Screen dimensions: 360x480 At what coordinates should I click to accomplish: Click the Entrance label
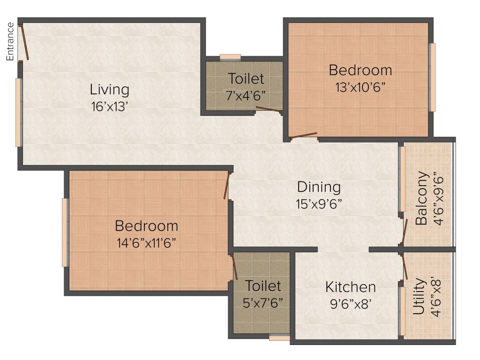click(10, 41)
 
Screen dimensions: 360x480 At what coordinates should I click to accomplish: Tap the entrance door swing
click(24, 42)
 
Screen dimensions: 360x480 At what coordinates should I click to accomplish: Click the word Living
click(110, 89)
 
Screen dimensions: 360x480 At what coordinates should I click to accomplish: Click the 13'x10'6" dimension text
click(360, 87)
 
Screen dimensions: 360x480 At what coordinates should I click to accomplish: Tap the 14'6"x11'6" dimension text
click(146, 243)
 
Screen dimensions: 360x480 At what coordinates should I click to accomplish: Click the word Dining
click(319, 187)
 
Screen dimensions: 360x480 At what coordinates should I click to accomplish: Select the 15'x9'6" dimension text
click(319, 204)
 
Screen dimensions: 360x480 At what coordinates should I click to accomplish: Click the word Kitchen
click(351, 286)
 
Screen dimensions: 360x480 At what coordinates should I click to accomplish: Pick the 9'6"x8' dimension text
click(351, 303)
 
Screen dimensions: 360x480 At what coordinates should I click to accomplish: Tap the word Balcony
click(421, 198)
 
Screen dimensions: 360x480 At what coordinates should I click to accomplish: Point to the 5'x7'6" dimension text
click(263, 302)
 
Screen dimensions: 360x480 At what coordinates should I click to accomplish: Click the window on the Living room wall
click(18, 112)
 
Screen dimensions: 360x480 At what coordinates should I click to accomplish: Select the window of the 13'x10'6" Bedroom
click(433, 77)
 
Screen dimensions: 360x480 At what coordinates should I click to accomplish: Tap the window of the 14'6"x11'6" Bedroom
click(65, 232)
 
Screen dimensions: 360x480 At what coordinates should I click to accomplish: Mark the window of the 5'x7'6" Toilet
click(279, 337)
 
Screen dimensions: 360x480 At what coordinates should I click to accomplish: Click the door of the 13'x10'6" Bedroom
click(303, 136)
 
